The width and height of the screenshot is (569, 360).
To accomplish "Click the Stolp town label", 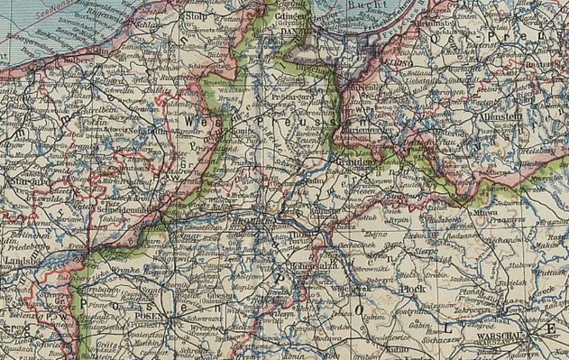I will [x=192, y=16].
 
